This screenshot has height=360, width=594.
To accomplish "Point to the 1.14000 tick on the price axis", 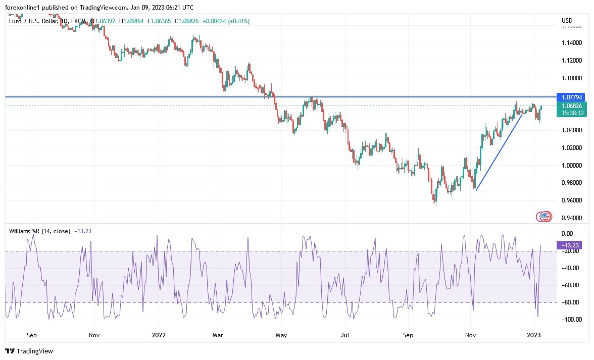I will [571, 43].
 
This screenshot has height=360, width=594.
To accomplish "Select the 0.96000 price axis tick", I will [571, 200].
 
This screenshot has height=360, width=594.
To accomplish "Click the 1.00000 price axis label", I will [571, 166].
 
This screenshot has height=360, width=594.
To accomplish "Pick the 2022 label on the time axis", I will [159, 335].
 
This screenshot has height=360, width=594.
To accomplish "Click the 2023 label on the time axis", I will [534, 335].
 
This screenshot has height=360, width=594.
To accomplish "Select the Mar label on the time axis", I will [218, 335].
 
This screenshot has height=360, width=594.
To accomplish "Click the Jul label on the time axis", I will [345, 335].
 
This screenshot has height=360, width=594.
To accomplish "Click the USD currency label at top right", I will [567, 21].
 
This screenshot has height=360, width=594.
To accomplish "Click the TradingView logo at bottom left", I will [29, 351].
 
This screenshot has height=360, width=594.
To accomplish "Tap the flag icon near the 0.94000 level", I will [544, 217].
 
